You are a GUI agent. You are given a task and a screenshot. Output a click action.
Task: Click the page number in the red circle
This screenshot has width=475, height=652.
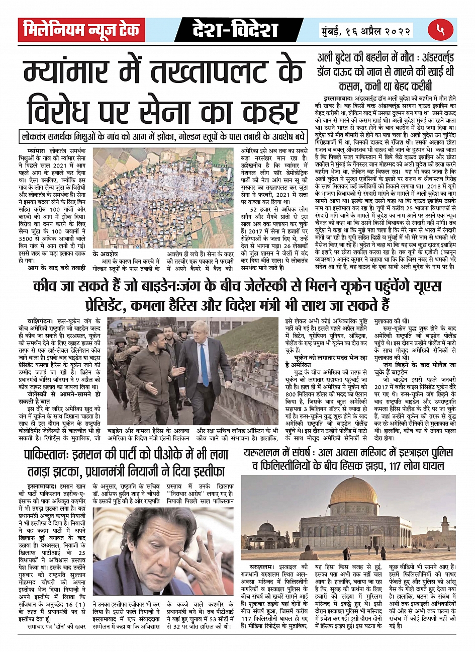441,30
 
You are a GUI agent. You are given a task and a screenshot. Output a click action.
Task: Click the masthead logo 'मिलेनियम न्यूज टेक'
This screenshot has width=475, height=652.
81,30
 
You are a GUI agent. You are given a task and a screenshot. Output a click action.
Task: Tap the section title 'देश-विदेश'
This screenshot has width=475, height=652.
235,30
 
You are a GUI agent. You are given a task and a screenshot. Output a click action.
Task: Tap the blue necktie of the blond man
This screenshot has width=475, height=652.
204,364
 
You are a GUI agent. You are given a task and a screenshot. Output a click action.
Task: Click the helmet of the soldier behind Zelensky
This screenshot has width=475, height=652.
132,335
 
